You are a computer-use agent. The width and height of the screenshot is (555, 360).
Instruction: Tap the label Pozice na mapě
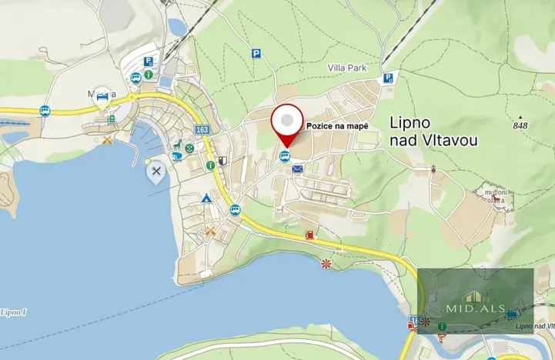337,126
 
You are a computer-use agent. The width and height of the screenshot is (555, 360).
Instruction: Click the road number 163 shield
202,130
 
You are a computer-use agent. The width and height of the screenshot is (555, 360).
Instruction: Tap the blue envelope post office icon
298,168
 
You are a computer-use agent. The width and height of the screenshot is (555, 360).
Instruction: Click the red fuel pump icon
309,234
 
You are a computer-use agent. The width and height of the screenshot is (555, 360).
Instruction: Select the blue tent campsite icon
206,198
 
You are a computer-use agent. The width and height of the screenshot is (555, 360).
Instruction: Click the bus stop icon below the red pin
285,157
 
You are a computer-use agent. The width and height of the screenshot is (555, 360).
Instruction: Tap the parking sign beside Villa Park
389,77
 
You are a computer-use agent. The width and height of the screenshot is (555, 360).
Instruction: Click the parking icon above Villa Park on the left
256,53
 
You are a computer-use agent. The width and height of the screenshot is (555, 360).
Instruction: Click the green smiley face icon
189,145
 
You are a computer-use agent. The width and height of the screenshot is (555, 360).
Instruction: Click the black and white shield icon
222,161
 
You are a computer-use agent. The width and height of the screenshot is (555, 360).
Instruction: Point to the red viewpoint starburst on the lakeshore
326,264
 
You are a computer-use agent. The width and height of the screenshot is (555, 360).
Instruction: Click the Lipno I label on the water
13,312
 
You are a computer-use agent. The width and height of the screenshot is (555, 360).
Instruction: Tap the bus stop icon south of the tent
235,209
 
